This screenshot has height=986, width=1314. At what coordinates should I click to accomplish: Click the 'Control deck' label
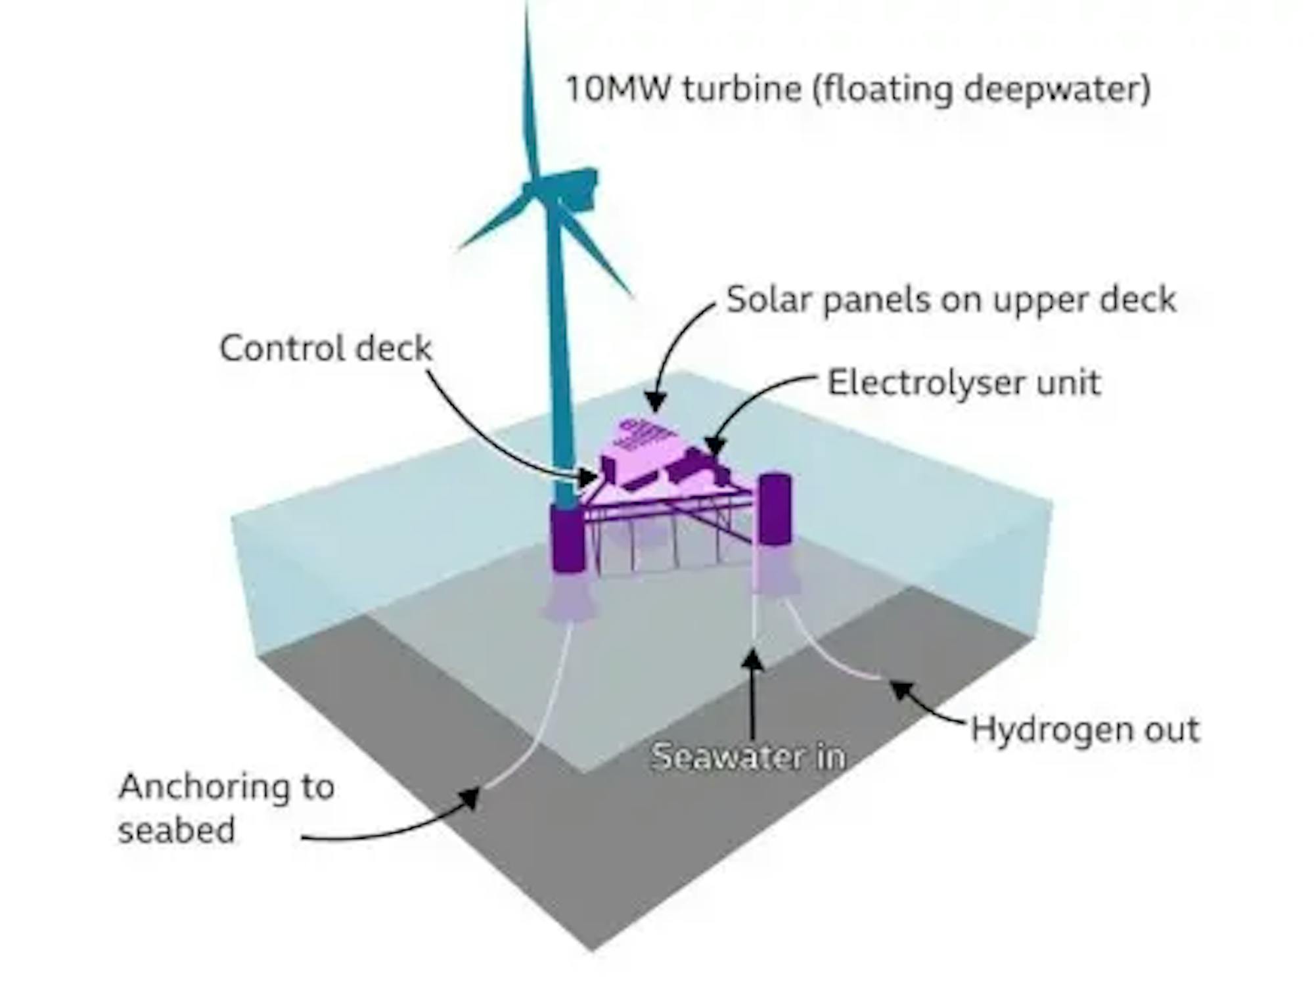pyautogui.click(x=326, y=348)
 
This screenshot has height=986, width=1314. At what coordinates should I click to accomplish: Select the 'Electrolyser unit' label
pyautogui.click(x=964, y=383)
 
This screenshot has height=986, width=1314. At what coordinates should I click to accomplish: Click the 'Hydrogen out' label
pyautogui.click(x=1085, y=730)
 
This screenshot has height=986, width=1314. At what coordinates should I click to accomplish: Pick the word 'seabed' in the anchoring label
pyautogui.click(x=176, y=830)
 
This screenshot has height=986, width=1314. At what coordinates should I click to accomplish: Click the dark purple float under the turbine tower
pyautogui.click(x=568, y=539)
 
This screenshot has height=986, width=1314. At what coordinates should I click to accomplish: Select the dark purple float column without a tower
pyautogui.click(x=775, y=508)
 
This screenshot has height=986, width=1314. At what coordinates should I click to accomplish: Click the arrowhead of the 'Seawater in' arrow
pyautogui.click(x=754, y=660)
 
